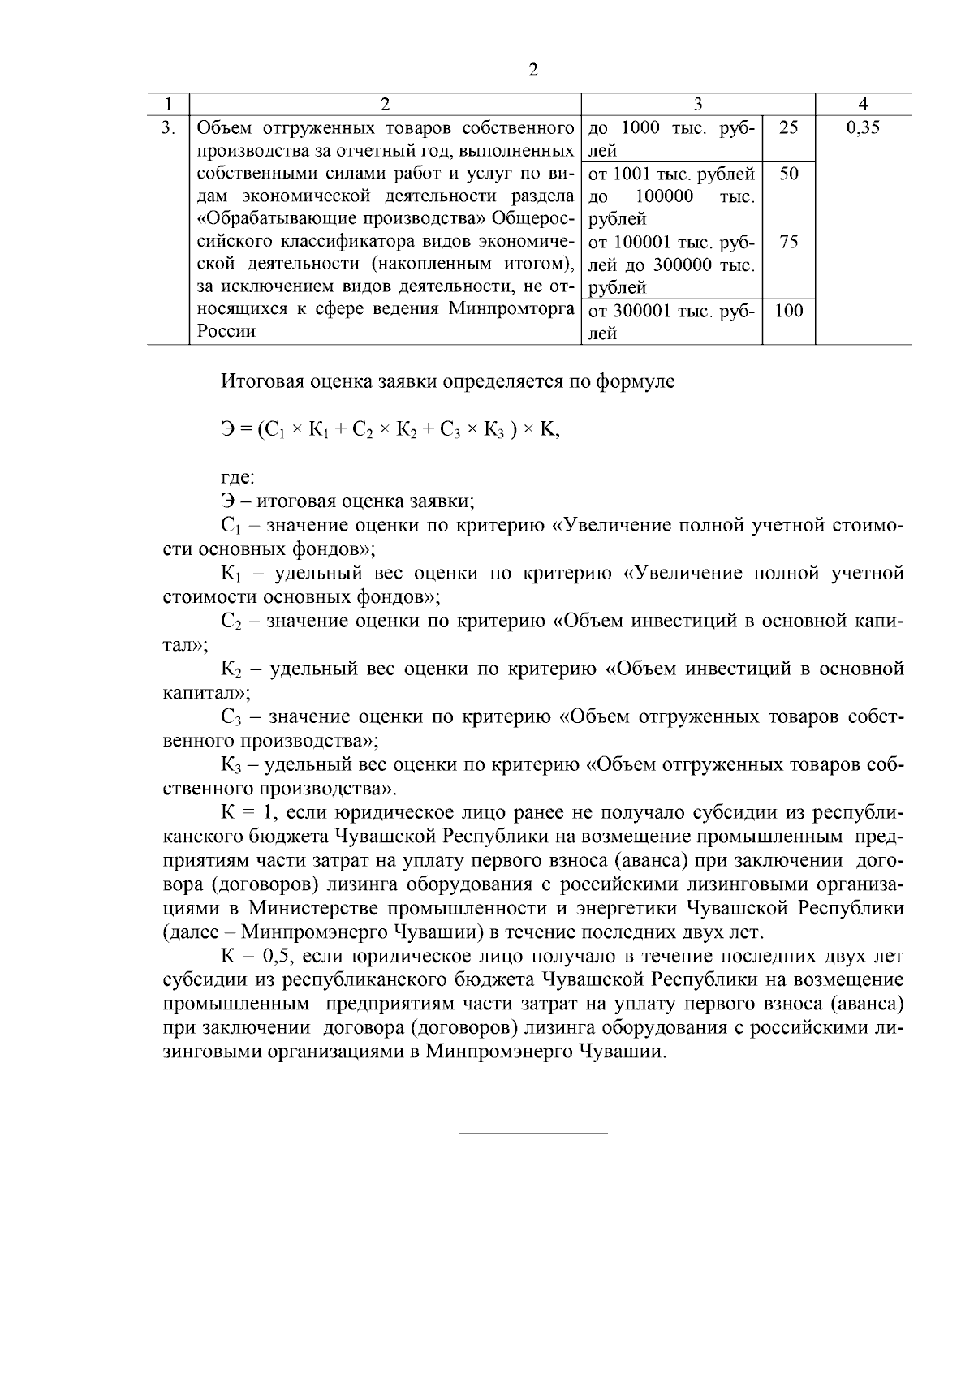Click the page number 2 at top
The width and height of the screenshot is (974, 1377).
(x=533, y=70)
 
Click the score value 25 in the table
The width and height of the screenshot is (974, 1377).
(x=788, y=127)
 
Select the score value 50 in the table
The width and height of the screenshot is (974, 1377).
(x=788, y=174)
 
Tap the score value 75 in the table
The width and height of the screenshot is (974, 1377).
(x=788, y=242)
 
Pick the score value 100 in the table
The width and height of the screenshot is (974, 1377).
(x=788, y=310)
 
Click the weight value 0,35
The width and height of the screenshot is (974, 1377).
(x=862, y=127)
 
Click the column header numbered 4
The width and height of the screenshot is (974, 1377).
(x=863, y=104)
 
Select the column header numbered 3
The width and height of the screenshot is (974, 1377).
(x=698, y=104)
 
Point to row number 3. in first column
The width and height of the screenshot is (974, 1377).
(x=168, y=127)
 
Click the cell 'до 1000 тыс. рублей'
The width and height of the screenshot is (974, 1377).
(x=670, y=139)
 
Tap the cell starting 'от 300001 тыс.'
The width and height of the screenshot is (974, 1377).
(x=670, y=321)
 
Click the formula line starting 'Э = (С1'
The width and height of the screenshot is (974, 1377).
(x=390, y=431)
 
